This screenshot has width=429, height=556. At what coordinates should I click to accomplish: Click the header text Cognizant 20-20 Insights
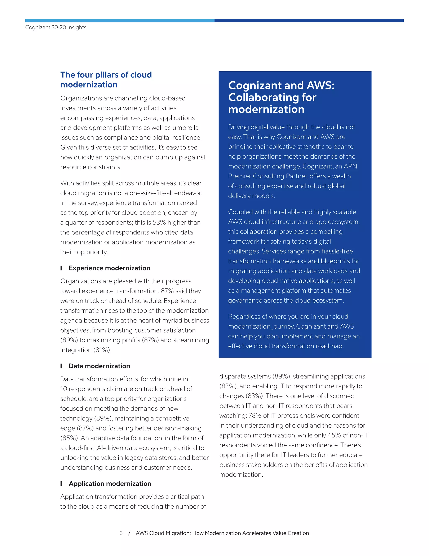[56, 27]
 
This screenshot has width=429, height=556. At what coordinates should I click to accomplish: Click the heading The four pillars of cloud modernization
[106, 80]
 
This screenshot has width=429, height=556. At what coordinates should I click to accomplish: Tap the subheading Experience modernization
[109, 268]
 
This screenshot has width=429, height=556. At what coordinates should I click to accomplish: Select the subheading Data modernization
[99, 366]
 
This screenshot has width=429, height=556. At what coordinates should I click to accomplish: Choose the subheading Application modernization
[110, 483]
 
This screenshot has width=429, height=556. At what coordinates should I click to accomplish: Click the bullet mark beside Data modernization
[61, 366]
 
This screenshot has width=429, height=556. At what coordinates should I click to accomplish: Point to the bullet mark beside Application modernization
[61, 483]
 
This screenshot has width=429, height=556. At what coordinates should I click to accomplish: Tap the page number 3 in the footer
[121, 533]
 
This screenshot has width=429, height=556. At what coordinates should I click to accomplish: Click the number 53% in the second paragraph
[159, 222]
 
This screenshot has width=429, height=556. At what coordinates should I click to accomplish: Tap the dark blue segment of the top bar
[309, 20]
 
